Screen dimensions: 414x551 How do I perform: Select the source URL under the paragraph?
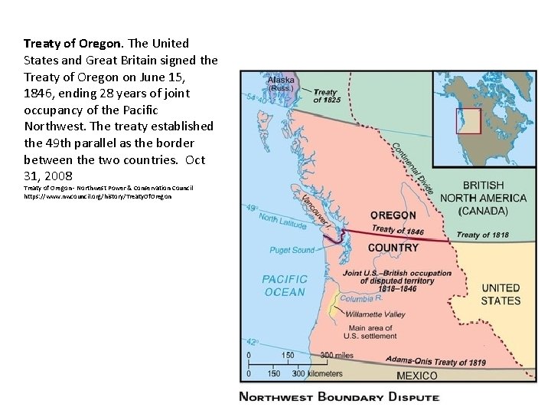pyautogui.click(x=97, y=196)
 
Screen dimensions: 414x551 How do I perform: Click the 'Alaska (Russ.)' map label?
pyautogui.click(x=281, y=82)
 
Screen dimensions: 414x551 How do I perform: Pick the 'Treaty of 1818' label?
pyautogui.click(x=482, y=235)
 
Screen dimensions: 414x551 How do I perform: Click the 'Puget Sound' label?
pyautogui.click(x=292, y=250)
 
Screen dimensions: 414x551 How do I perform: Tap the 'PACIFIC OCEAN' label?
pyautogui.click(x=285, y=286)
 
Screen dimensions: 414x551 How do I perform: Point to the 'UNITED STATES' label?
pyautogui.click(x=500, y=294)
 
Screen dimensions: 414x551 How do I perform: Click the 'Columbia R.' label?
pyautogui.click(x=357, y=298)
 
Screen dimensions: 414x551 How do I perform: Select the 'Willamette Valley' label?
pyautogui.click(x=376, y=314)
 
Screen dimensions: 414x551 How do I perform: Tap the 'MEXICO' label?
pyautogui.click(x=417, y=376)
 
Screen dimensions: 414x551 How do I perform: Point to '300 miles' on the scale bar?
pyautogui.click(x=337, y=355)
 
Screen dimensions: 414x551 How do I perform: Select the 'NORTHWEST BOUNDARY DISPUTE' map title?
pyautogui.click(x=339, y=396)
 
